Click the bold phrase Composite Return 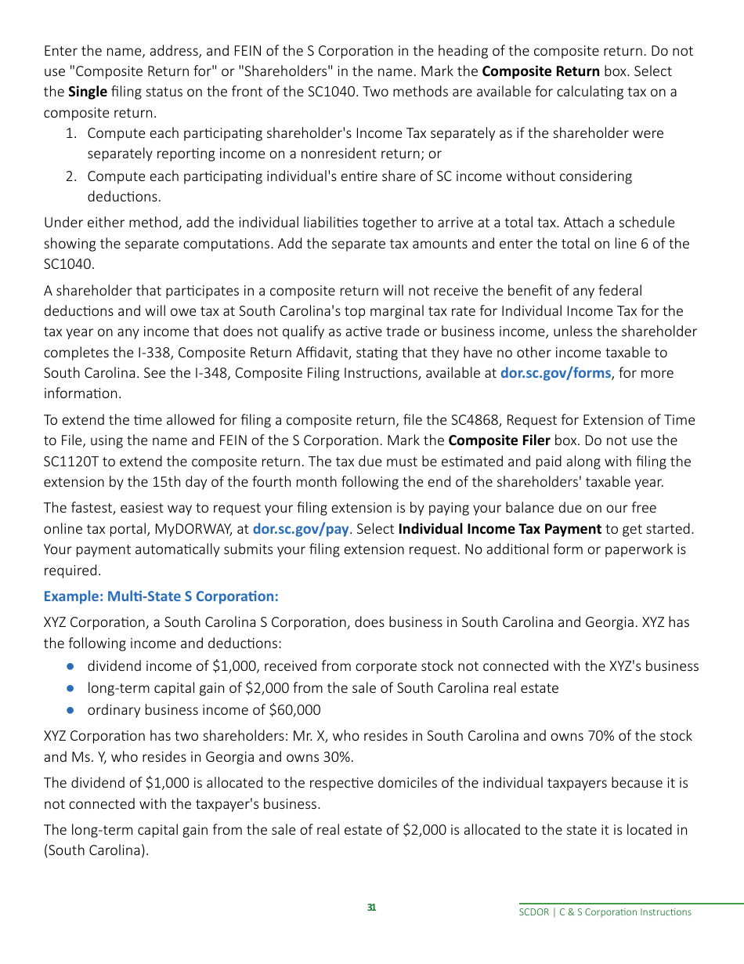540,71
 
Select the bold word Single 88,92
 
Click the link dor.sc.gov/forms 555,373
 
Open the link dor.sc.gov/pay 300,529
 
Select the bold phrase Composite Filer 499,440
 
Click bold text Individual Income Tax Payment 500,529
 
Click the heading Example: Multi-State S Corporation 161,596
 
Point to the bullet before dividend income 70,666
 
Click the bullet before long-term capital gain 70,688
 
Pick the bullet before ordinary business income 70,710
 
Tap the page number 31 371,908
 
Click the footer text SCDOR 535,912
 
